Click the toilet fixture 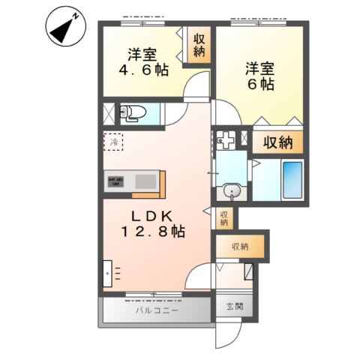(135, 113)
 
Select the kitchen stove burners (117, 181)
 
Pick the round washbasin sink (234, 193)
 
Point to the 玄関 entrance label (234, 307)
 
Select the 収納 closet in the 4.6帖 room (199, 47)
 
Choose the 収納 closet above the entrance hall (240, 246)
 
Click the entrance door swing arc (232, 334)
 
